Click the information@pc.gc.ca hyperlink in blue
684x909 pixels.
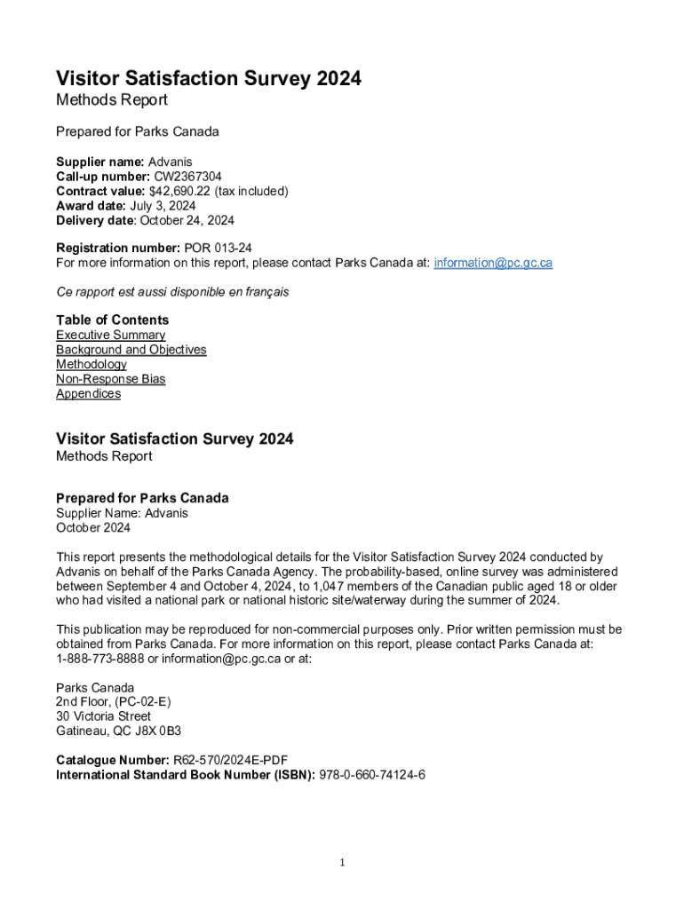(x=493, y=263)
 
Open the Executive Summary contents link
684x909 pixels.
(x=110, y=335)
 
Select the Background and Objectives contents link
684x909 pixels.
(x=131, y=350)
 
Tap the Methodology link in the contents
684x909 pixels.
(x=91, y=364)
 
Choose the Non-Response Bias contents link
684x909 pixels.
(x=110, y=379)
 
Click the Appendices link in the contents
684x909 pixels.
(x=88, y=393)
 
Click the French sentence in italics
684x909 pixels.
(x=172, y=291)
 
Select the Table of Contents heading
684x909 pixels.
(x=112, y=320)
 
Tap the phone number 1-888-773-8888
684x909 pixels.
(x=100, y=659)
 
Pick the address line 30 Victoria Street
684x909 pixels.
(x=103, y=716)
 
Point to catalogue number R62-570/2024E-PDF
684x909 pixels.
(x=229, y=760)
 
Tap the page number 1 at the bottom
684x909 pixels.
(x=342, y=863)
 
